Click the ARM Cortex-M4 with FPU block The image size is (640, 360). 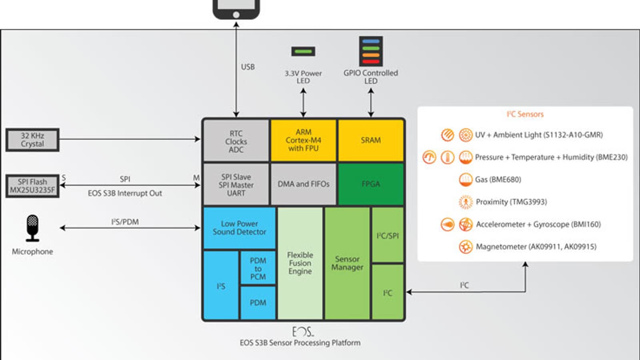click(303, 140)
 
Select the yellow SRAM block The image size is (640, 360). click(371, 140)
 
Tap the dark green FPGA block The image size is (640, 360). click(371, 184)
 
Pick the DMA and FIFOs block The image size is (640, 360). click(303, 184)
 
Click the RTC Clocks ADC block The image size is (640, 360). click(236, 141)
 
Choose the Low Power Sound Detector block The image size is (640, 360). click(239, 228)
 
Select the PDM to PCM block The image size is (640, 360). click(258, 268)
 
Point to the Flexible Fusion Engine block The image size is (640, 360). click(300, 263)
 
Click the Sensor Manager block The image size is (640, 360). click(347, 263)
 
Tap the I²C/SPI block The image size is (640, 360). click(388, 235)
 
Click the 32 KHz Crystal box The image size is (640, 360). click(32, 140)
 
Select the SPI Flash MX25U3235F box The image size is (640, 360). click(32, 186)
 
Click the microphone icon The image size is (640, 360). click(32, 228)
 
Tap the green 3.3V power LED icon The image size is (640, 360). click(303, 51)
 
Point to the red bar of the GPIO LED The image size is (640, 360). click(371, 62)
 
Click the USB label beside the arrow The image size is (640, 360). click(248, 67)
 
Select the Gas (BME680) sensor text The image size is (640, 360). click(498, 180)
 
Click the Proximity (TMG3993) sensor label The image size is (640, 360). click(511, 202)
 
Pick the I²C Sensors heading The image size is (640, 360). click(525, 114)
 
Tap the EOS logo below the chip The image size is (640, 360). click(303, 332)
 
